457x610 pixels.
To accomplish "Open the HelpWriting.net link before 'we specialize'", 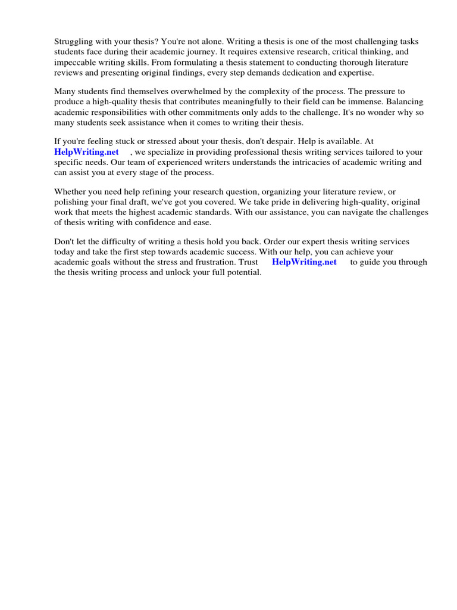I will (x=87, y=152).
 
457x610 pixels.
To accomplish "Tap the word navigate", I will (x=349, y=211).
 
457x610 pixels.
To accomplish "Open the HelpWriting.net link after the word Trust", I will (x=304, y=262).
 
